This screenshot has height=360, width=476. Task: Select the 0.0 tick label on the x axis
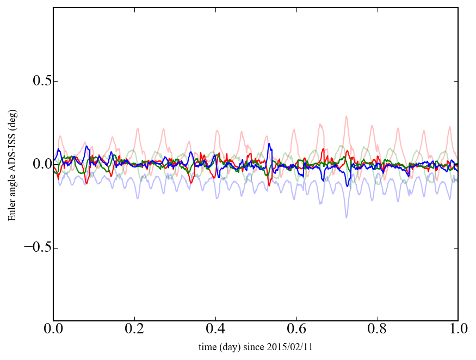[x=53, y=330]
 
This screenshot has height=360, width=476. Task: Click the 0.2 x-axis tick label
[x=134, y=330]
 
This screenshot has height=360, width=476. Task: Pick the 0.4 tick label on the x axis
[x=215, y=330]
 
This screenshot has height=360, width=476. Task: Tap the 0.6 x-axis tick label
[x=296, y=330]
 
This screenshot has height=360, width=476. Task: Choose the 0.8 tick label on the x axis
[x=377, y=330]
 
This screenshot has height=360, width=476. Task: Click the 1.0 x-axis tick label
[x=458, y=330]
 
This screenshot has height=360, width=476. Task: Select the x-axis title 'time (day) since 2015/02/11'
[x=256, y=347]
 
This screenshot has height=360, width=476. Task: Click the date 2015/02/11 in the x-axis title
[x=293, y=347]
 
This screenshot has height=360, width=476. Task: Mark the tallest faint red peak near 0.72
[x=345, y=116]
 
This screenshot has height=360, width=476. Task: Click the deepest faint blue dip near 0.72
[x=346, y=217]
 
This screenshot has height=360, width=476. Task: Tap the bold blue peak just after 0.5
[x=269, y=144]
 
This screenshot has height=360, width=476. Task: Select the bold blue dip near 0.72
[x=347, y=186]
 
